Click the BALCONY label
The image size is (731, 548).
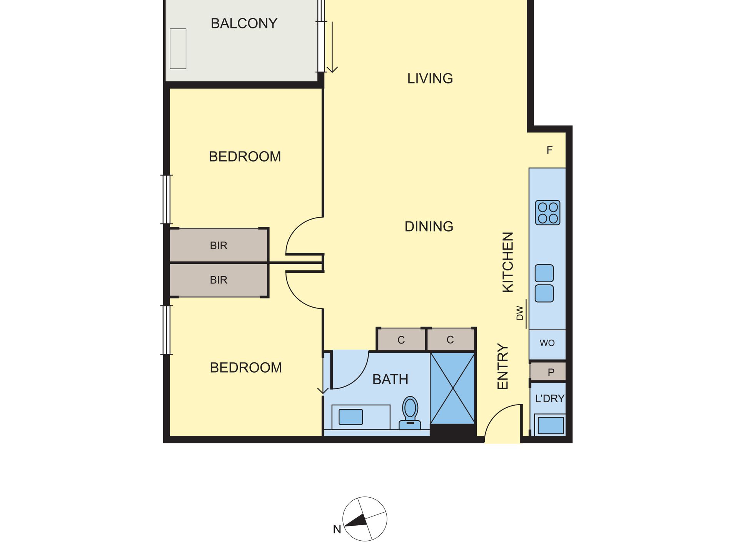(244, 23)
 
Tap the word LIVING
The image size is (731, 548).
(430, 78)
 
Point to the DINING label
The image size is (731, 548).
(429, 227)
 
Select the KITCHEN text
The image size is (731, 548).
(508, 262)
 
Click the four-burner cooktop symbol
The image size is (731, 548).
(547, 213)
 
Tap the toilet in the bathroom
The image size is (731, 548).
(410, 413)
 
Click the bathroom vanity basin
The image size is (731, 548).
(350, 417)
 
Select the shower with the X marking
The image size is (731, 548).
(452, 388)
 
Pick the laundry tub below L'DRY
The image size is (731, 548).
(551, 426)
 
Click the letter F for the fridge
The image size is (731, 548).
(549, 150)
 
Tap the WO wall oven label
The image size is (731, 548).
(547, 343)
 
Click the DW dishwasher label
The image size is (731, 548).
(520, 313)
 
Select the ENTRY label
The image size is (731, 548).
(503, 366)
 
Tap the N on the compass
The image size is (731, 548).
(337, 530)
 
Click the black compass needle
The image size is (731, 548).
(355, 521)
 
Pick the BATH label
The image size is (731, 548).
(390, 380)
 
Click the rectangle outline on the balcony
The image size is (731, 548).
(178, 49)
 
